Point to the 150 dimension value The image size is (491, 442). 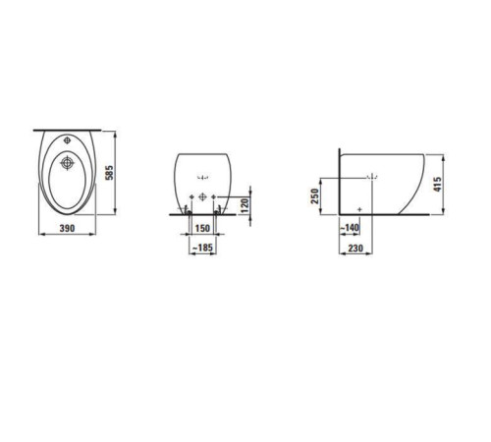click(202, 228)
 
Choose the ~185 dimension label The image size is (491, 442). click(202, 249)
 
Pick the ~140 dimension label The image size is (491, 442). click(349, 228)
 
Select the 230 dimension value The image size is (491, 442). click(357, 249)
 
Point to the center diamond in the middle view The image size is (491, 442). click(203, 196)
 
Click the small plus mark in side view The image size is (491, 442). click(361, 208)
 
